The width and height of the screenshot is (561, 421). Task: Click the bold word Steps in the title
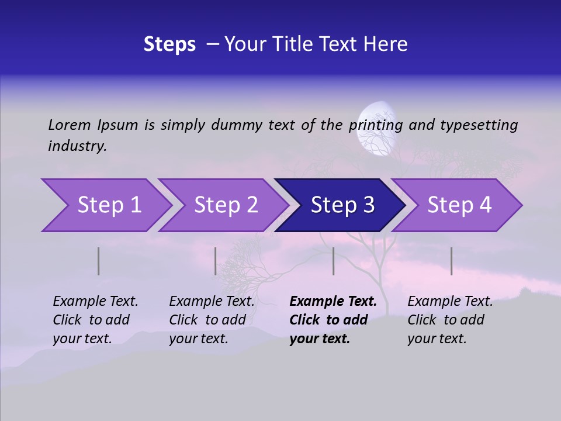[x=169, y=44]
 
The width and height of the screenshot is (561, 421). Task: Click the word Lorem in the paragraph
[x=69, y=125]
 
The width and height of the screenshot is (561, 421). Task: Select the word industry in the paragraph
[x=77, y=146]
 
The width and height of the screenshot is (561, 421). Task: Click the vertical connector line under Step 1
[x=98, y=261]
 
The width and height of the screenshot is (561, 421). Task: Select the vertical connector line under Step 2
[x=215, y=261]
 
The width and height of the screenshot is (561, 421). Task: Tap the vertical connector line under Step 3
[x=333, y=261]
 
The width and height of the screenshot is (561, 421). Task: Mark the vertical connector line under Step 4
[x=451, y=261]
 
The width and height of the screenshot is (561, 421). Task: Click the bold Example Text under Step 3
[x=333, y=302]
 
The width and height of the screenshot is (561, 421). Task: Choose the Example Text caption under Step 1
[x=95, y=302]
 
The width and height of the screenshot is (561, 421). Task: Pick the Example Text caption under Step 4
[x=450, y=302]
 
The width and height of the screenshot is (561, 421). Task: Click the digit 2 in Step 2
[x=251, y=205]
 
